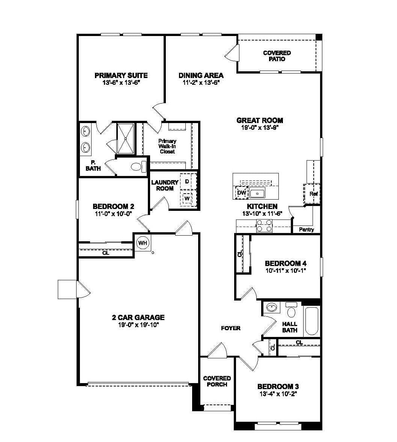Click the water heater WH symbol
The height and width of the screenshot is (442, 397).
pos(143,243)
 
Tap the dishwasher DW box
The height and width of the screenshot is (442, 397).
pos(242,192)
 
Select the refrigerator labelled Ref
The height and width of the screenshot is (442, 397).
pos(312,193)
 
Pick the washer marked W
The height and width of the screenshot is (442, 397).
pos(187,198)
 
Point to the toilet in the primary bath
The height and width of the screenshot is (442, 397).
pos(139,167)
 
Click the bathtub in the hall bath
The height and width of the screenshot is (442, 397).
pos(311,321)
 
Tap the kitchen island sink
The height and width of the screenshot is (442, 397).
pos(257,194)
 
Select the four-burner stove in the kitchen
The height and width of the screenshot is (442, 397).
pos(264,226)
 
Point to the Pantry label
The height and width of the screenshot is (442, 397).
pos(307,230)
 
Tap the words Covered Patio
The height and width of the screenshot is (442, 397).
pos(277,56)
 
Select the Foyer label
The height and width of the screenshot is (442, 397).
pos(231,328)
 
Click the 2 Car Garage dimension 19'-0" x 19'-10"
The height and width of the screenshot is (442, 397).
pos(138,325)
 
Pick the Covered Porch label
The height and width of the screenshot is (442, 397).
pos(217,381)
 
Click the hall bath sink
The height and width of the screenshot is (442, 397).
pos(272,307)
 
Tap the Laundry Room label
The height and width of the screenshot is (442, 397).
pos(165,185)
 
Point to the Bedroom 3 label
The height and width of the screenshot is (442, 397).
pos(278,386)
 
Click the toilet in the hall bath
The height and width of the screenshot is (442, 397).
pos(291,310)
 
